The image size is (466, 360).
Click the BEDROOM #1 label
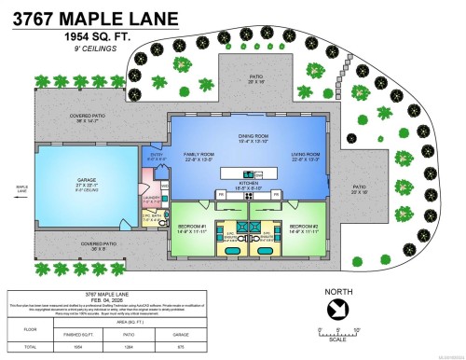pos(195,226)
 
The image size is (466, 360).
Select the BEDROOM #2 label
pos(305,226)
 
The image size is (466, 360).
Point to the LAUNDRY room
pos(153,199)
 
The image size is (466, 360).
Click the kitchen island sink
pos(248,173)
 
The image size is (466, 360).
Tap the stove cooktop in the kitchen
pos(249,194)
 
